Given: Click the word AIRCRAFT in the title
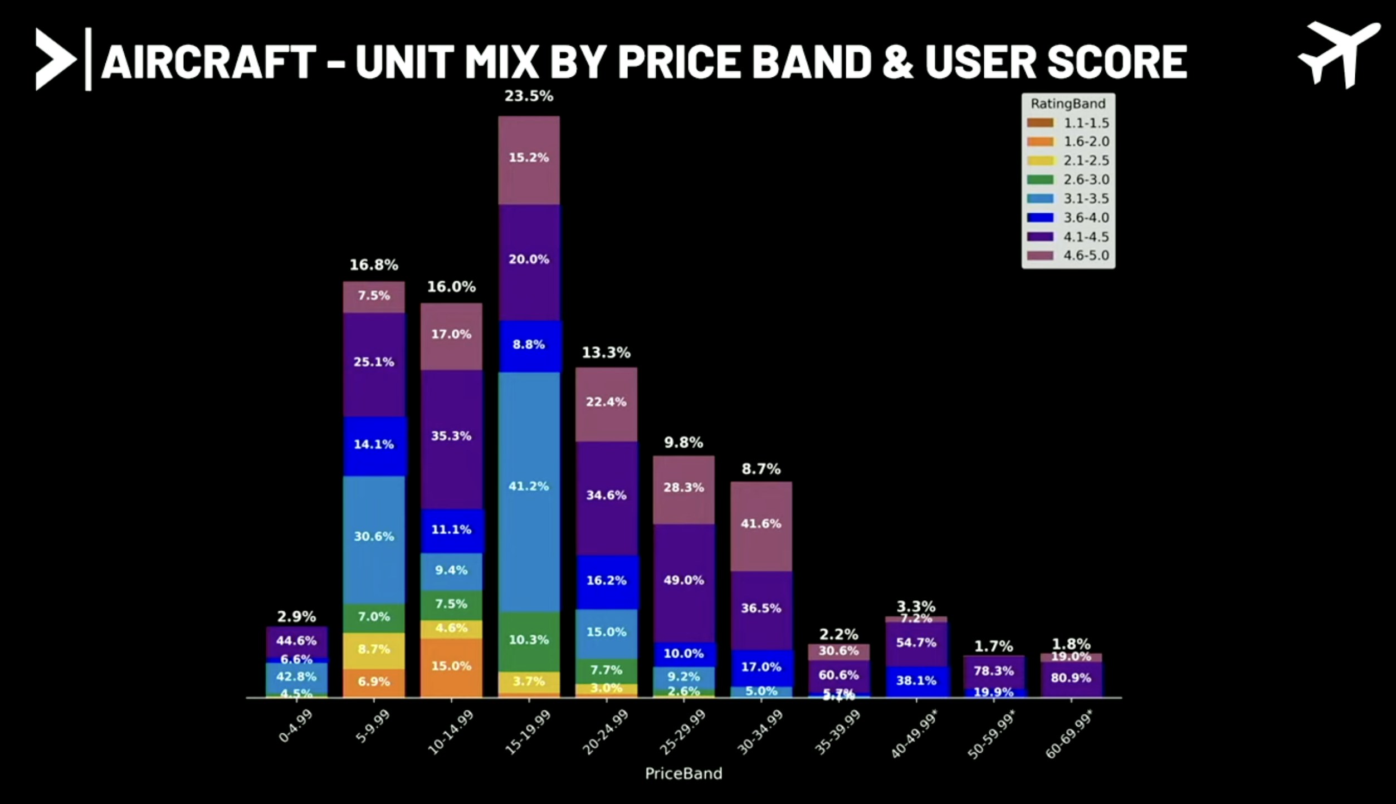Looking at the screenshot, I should (209, 61).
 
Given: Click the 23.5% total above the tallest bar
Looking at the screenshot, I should (529, 96).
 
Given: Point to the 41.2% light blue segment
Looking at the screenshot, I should (529, 486).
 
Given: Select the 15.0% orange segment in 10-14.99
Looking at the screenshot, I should (451, 666).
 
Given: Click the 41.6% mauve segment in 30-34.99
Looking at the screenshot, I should (761, 523).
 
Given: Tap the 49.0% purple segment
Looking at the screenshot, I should (684, 580).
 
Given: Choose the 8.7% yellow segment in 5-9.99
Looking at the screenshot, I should (374, 649).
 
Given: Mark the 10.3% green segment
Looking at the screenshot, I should (529, 640).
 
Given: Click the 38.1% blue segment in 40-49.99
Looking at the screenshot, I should (916, 680).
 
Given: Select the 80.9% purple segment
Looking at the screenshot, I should (1071, 678).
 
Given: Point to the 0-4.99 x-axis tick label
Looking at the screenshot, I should (296, 727).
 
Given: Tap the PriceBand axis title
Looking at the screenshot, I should (684, 773).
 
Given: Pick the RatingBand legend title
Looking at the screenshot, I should (1068, 104).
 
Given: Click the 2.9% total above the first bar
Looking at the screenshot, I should (296, 616).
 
